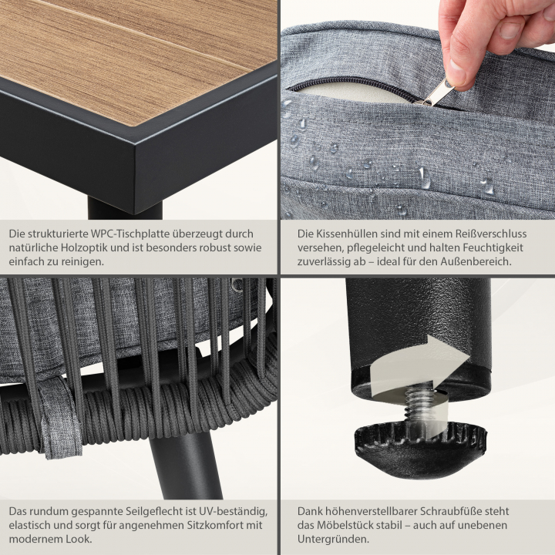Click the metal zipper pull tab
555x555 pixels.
(435, 92)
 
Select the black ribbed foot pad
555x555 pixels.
(421, 449)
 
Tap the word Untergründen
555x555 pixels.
(333, 539)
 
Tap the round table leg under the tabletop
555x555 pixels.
(125, 209)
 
